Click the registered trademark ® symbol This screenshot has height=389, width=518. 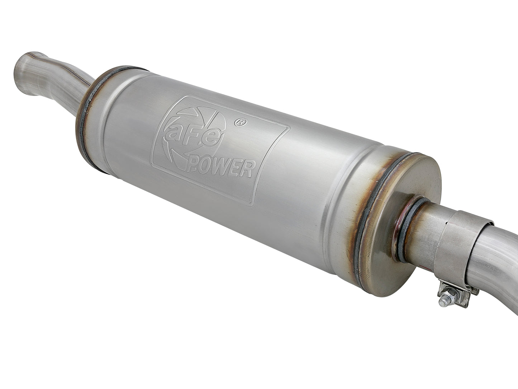pyautogui.click(x=238, y=122)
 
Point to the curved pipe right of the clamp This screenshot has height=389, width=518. pyautogui.click(x=498, y=258)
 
